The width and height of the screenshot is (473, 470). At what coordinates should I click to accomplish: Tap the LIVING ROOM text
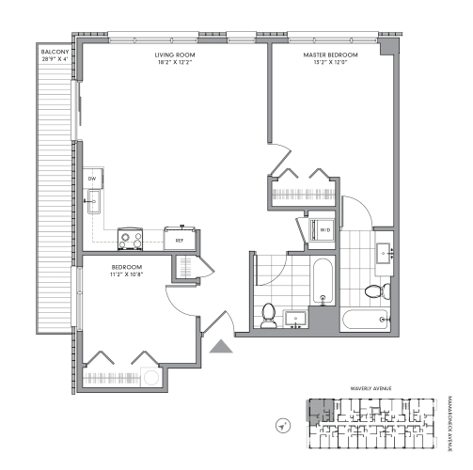pyautogui.click(x=174, y=55)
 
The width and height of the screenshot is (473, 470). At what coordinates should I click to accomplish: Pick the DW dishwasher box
pyautogui.click(x=92, y=178)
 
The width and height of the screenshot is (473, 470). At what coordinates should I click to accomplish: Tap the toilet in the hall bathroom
pyautogui.click(x=269, y=314)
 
